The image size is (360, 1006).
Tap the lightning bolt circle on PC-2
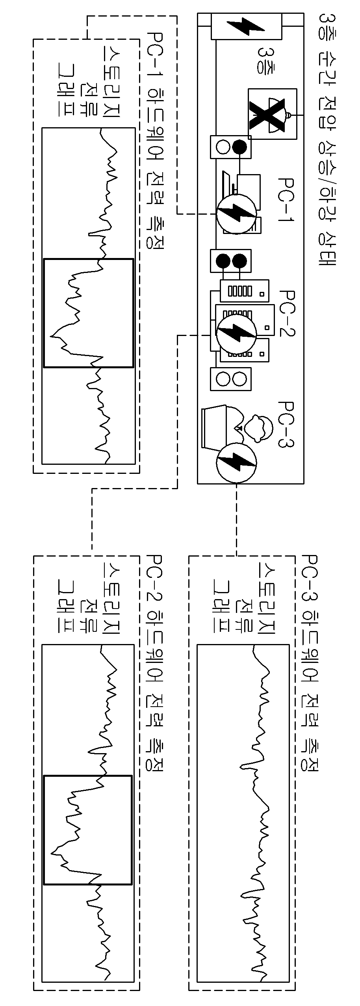point(236,333)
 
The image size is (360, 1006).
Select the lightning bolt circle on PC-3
point(236,462)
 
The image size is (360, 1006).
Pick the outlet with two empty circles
point(231,379)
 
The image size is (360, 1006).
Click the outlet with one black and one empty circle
point(231,147)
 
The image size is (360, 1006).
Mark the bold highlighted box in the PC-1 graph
point(89,313)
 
